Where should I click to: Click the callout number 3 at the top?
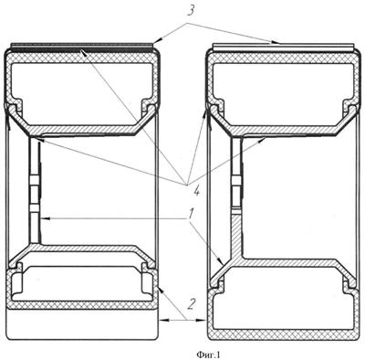[x=190, y=12]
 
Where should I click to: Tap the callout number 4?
[x=196, y=191]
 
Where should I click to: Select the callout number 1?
[x=190, y=214]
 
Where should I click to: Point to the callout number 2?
[x=191, y=304]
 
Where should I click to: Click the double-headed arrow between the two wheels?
[x=182, y=320]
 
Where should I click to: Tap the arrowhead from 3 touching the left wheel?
[x=157, y=41]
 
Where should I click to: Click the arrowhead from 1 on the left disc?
[x=45, y=218]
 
